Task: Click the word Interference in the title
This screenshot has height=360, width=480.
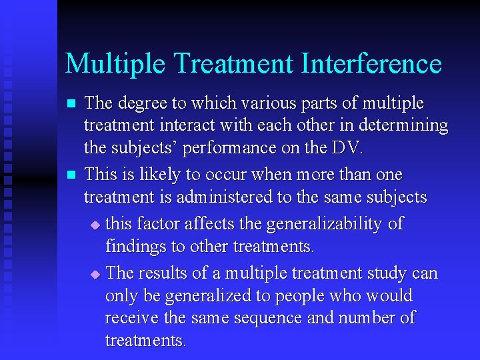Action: tap(371, 64)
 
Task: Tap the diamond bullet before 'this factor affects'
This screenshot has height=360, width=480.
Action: tap(95, 225)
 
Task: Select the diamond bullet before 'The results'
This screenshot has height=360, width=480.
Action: tap(95, 274)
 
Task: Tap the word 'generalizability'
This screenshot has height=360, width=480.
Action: tap(310, 223)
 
